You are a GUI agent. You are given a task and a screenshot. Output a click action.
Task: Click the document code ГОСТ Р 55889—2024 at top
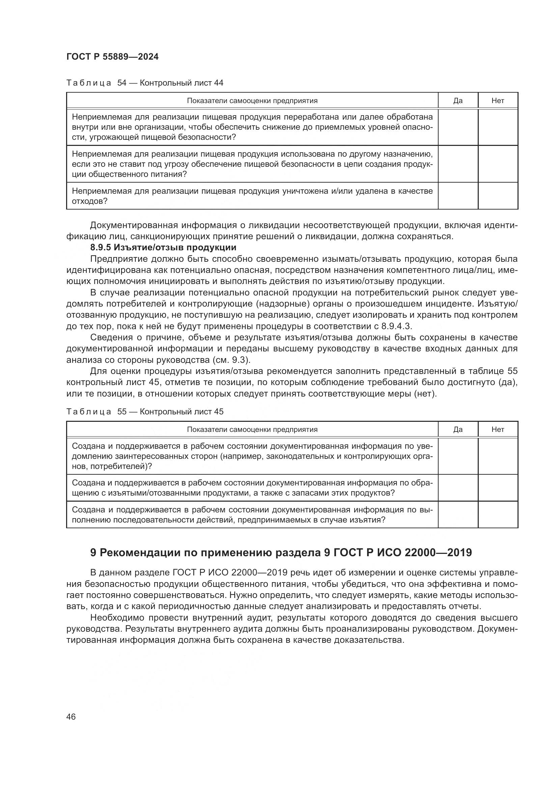coord(112,57)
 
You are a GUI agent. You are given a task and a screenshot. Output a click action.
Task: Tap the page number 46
coord(71,717)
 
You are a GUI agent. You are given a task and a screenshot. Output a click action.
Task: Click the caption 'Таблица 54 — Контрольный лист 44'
coord(145,83)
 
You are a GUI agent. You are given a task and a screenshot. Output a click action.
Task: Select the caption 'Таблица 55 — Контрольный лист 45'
coord(145,411)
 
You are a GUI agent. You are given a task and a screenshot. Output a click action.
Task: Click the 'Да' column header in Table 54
coord(458,100)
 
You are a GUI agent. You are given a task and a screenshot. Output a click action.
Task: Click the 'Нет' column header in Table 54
coord(498,100)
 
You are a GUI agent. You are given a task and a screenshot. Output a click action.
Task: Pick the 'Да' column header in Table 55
coord(458,429)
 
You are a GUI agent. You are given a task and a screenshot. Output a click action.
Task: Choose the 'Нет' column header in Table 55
coord(498,429)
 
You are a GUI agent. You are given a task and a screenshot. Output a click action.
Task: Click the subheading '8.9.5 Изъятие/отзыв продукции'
coord(163,248)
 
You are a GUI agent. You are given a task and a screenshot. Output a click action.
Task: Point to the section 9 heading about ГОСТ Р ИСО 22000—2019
coord(281,553)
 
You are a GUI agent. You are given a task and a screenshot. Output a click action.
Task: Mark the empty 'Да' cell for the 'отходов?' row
coord(458,196)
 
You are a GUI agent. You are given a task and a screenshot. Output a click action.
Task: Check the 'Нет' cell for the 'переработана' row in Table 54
coord(498,127)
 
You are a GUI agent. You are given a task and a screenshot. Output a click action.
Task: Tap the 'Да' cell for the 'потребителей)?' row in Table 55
coord(458,456)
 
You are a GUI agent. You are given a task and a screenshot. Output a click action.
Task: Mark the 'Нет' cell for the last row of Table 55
coord(498,514)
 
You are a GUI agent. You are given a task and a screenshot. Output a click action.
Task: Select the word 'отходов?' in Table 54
coord(90,201)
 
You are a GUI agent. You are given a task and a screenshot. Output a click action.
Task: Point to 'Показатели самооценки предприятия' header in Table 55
coord(252,429)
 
